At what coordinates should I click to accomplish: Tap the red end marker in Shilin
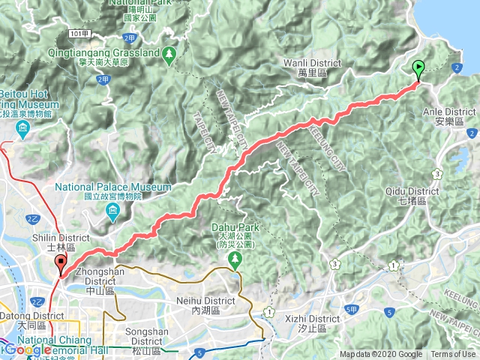(x=60, y=265)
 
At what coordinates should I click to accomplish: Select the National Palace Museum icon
(x=112, y=214)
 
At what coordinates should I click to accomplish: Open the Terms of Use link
(x=452, y=355)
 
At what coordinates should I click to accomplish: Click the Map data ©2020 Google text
(x=380, y=355)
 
